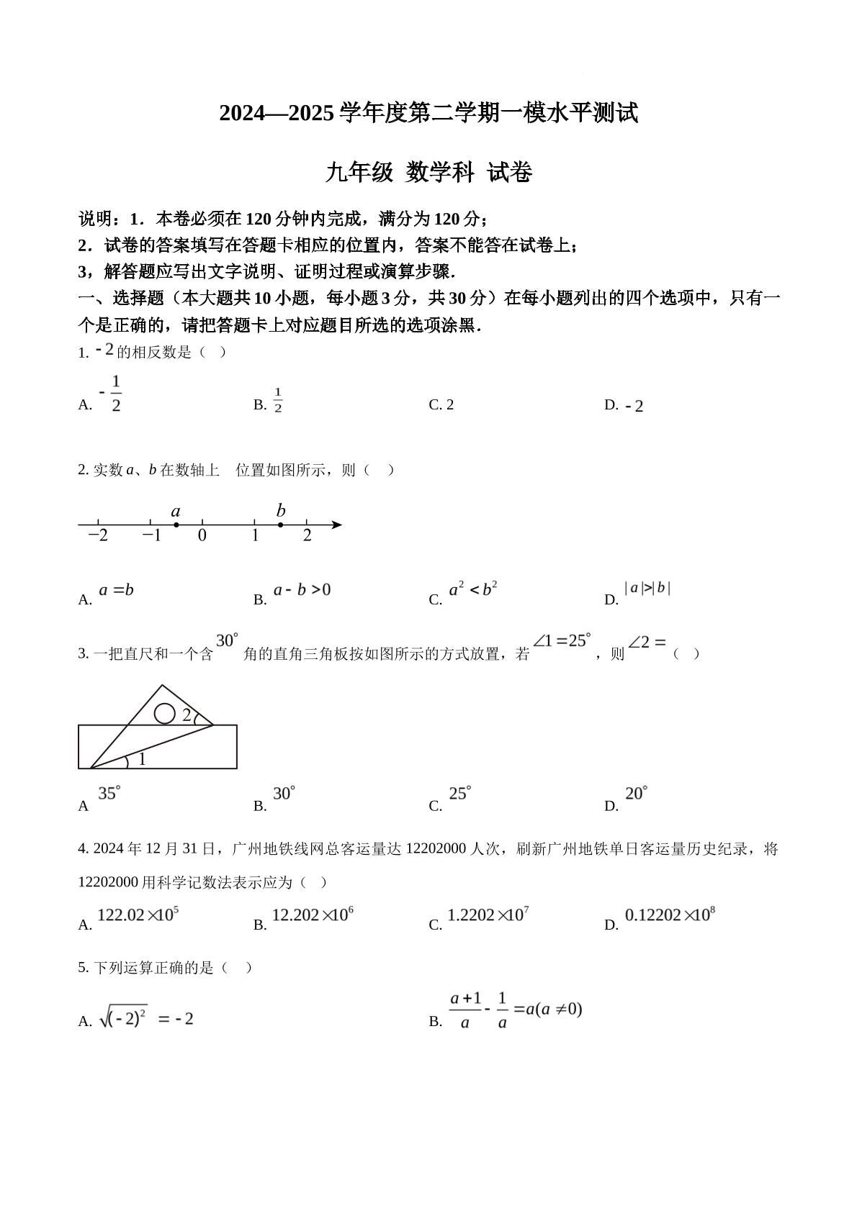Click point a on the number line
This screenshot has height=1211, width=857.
[x=176, y=525]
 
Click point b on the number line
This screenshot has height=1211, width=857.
[x=281, y=525]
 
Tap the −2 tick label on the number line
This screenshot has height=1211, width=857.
[x=98, y=535]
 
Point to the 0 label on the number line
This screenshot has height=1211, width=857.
[x=202, y=535]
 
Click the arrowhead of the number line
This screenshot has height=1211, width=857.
[x=336, y=525]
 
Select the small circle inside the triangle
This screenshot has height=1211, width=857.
[x=165, y=713]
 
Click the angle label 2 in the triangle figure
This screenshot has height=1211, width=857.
[x=187, y=715]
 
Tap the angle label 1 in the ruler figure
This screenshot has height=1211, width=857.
[x=142, y=758]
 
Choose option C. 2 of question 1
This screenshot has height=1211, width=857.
[x=441, y=404]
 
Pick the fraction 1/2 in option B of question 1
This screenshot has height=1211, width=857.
[x=278, y=400]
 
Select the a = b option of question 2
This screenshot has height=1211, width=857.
[x=117, y=590]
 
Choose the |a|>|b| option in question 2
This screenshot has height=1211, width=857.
[x=647, y=588]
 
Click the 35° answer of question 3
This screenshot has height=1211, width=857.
[x=109, y=793]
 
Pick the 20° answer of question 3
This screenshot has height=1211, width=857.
[x=637, y=793]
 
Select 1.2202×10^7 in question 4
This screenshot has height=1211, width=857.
[x=488, y=915]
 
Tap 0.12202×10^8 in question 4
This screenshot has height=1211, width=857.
[x=670, y=915]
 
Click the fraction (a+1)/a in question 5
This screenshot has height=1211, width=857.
[x=465, y=1010]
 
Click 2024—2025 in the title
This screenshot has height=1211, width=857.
[x=277, y=114]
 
